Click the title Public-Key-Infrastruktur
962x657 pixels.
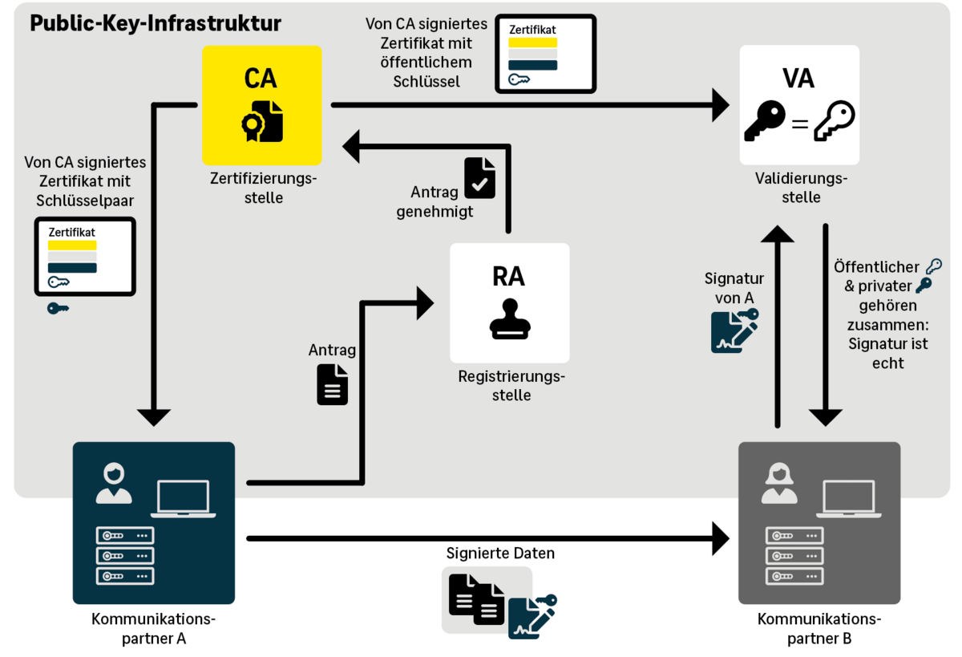coord(156,23)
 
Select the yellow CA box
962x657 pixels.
coord(261,105)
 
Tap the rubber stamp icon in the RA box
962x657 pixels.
coord(510,318)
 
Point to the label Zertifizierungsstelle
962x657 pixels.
coord(261,187)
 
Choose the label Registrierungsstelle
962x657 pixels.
coord(511,386)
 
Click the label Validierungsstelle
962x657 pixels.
coord(799,187)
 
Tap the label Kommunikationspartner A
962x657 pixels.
coord(153,629)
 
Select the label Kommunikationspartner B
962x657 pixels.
coord(819,629)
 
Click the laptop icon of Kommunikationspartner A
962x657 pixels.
coord(183,499)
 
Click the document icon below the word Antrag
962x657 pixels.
coord(333,384)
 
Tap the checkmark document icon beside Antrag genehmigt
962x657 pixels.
coord(479,177)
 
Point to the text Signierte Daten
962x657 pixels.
coord(500,554)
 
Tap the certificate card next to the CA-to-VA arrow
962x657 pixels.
coord(545,53)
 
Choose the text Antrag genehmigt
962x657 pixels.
coord(442,202)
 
